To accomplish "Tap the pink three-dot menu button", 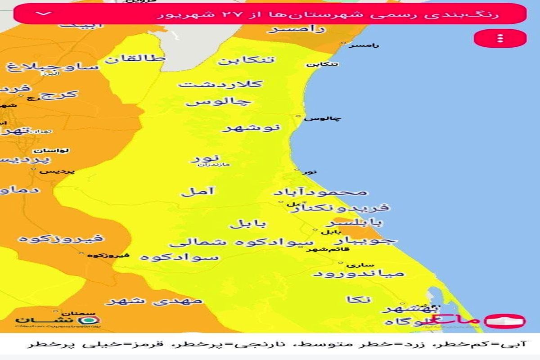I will [x=500, y=38].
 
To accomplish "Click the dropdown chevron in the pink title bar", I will [x=44, y=13].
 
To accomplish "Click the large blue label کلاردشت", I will [x=220, y=84].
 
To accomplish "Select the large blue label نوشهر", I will [x=251, y=128].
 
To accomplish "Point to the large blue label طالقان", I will [x=135, y=59].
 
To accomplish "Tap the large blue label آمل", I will [x=198, y=191].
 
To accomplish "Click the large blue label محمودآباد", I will [x=320, y=192].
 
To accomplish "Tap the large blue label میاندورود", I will [x=359, y=273].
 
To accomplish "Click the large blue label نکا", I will [x=359, y=299].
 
